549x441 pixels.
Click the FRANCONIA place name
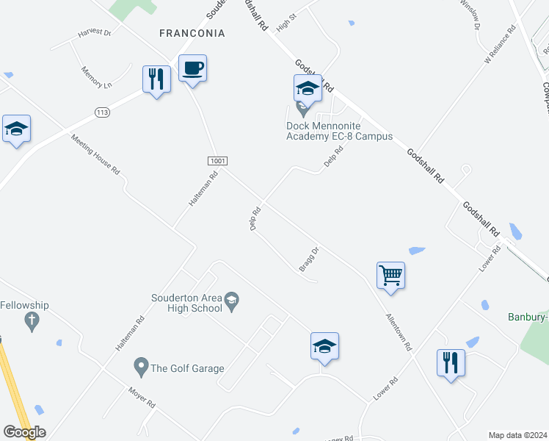(192, 33)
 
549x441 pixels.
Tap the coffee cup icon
(192, 68)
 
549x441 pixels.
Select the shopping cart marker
(390, 276)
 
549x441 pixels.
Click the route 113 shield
(102, 112)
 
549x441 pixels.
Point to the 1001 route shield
(218, 161)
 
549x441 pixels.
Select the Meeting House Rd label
(95, 154)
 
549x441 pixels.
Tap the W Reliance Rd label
(501, 47)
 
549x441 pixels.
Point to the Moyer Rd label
(142, 398)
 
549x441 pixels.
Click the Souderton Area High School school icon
(232, 299)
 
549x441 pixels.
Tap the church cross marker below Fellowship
(31, 320)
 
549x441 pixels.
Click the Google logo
(24, 432)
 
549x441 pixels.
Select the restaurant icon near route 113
(156, 79)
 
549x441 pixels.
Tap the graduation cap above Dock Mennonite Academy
(308, 89)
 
